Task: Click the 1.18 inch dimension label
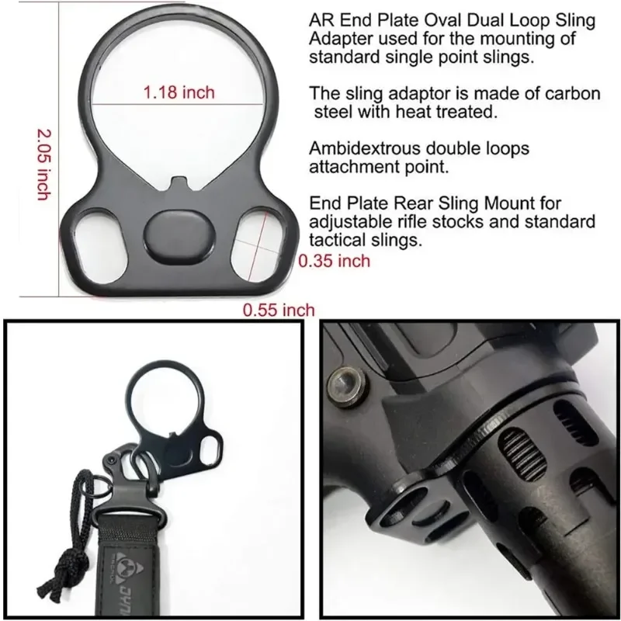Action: click(179, 93)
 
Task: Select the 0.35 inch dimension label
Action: click(335, 261)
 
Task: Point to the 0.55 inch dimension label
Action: click(279, 310)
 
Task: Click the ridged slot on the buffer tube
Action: click(514, 455)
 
